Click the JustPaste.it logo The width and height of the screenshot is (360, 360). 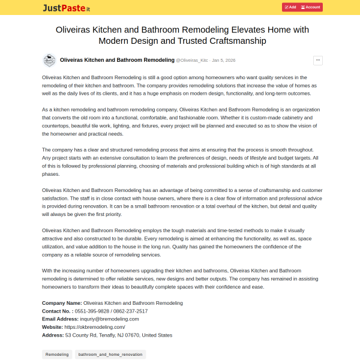[67, 8]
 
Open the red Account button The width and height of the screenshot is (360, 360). [311, 7]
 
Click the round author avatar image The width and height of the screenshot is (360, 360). [49, 60]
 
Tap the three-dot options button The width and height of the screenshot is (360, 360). [317, 60]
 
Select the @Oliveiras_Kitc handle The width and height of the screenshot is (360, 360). [192, 61]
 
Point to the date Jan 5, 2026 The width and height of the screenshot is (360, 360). [224, 61]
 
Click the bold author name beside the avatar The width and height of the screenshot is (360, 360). [117, 60]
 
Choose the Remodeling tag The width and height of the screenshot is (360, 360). [57, 355]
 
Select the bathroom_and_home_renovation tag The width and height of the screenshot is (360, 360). [110, 355]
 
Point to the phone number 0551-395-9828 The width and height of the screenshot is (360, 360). [92, 311]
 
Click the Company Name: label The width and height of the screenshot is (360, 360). [62, 303]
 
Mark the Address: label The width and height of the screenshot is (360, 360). [53, 335]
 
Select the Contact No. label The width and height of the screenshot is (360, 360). [58, 311]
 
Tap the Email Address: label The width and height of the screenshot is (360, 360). [60, 319]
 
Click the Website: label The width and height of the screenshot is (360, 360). [53, 327]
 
